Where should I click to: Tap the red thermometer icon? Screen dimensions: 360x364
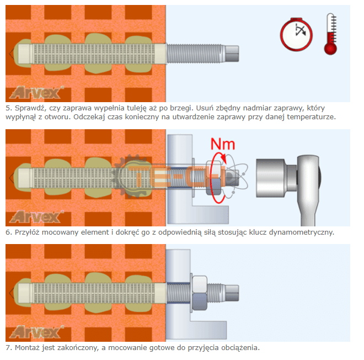pyautogui.click(x=330, y=34)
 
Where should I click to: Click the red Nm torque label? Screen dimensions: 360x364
pyautogui.click(x=222, y=145)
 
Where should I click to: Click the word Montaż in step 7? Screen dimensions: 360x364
pyautogui.click(x=27, y=348)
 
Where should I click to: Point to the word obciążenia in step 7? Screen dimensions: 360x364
pyautogui.click(x=238, y=348)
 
